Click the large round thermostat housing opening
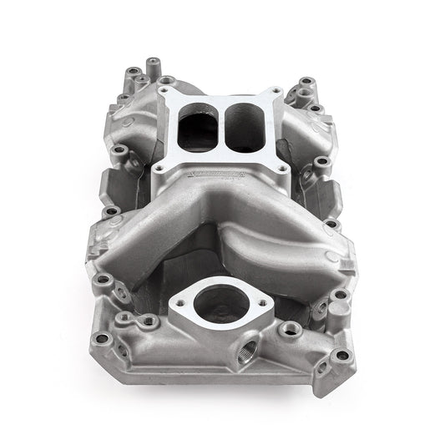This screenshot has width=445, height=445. [223, 303]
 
